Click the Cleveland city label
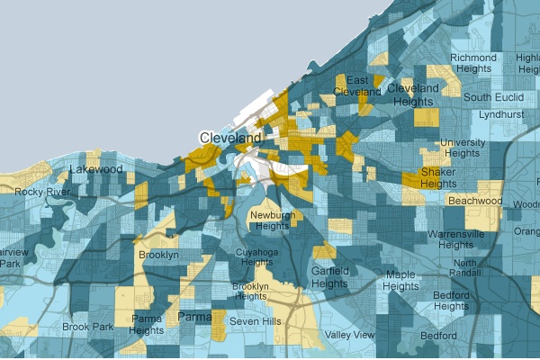(x=230, y=138)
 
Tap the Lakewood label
(x=95, y=168)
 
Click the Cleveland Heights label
(x=414, y=94)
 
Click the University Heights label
(x=463, y=148)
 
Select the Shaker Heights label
(x=438, y=177)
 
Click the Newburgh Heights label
(x=270, y=220)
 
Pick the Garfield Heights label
(x=330, y=276)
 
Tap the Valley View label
(x=350, y=335)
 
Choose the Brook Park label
(x=87, y=327)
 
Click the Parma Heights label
(x=147, y=324)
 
